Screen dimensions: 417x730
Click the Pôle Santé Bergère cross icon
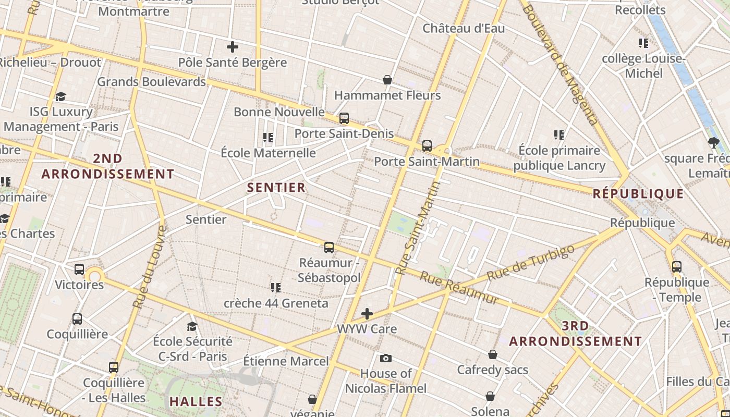233,47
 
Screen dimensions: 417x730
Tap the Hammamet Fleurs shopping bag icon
387,80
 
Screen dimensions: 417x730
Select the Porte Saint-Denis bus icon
344,118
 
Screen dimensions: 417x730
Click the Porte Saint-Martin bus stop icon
427,145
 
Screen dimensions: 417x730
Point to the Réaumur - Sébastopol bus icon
329,248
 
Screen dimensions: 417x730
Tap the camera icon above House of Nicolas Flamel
386,358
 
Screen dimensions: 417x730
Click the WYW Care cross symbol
367,314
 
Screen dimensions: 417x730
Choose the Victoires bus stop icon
79,269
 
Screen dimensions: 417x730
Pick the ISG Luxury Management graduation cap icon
61,96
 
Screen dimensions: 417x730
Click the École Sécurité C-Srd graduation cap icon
192,326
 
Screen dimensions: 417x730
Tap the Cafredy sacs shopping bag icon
493,355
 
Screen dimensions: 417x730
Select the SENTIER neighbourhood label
276,187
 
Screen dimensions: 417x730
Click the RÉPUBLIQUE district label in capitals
638,194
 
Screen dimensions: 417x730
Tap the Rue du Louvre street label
150,266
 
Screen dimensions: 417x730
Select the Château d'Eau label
464,28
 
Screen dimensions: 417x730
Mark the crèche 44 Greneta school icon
276,287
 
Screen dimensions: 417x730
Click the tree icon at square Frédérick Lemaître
714,142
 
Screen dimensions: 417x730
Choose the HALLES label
196,401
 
